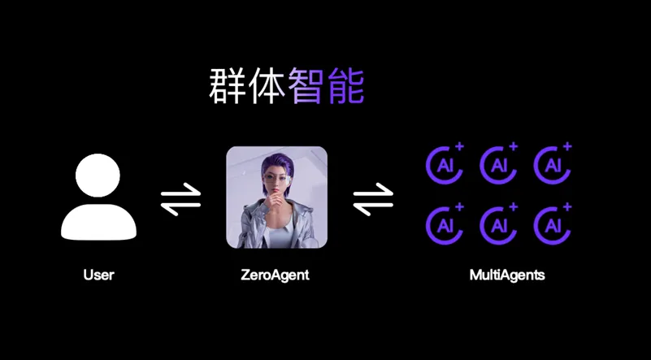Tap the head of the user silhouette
[x=98, y=177]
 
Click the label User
[x=98, y=275]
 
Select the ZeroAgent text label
[x=276, y=275]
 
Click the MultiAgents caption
[x=507, y=275]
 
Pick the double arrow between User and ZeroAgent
[x=180, y=200]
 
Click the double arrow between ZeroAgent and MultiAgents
[x=373, y=200]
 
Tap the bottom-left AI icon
[x=444, y=222]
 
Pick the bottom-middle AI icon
[x=498, y=222]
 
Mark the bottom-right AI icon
[x=553, y=222]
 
